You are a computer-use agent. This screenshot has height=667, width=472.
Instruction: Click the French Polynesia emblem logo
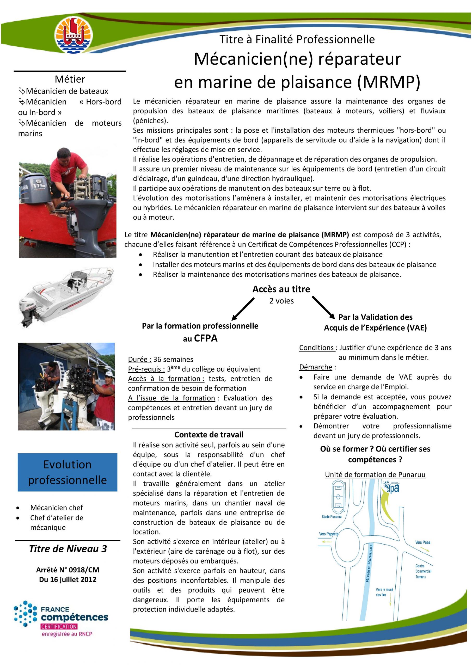coord(74,35)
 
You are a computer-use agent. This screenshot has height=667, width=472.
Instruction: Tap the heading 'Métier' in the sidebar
coord(70,79)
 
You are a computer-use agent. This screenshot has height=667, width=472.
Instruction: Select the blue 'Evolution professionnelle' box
coord(68,472)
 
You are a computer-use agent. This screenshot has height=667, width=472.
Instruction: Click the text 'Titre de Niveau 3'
coord(68,549)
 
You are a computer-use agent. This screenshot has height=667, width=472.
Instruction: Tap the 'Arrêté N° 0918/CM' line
coord(68,570)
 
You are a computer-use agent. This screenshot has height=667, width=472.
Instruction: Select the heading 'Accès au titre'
coord(281,289)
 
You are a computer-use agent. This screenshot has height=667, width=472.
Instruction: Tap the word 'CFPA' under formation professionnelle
coord(205,338)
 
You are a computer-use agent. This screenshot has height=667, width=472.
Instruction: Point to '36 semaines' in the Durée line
coord(173,359)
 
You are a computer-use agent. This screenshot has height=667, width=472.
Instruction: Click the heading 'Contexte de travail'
coord(209,435)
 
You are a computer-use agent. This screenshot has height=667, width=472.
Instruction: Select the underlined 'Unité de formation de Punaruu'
coord(375,474)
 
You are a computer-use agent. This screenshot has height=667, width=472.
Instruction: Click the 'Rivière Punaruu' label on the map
coord(369,564)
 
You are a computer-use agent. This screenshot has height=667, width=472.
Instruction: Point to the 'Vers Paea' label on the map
coord(422,542)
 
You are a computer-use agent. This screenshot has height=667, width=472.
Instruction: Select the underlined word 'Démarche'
coord(315,367)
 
